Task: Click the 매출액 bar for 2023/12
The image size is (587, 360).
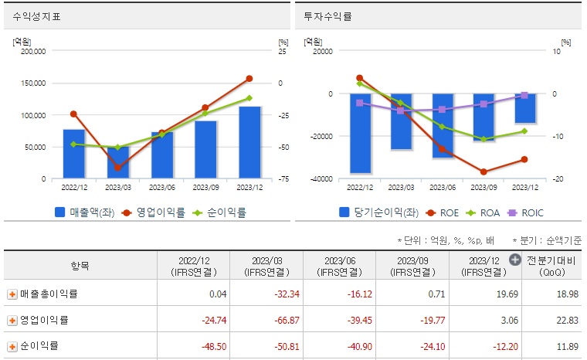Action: click(x=249, y=142)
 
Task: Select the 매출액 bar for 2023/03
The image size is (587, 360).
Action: click(x=117, y=163)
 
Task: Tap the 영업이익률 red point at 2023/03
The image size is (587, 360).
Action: click(x=117, y=168)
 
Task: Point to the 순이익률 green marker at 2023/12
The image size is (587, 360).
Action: click(x=249, y=98)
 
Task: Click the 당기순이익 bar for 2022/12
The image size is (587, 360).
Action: click(x=360, y=133)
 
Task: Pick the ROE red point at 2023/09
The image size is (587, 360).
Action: click(x=484, y=172)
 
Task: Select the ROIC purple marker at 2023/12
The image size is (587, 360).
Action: click(x=525, y=95)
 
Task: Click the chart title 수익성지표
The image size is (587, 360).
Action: click(x=37, y=16)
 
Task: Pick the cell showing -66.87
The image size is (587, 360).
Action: click(x=266, y=320)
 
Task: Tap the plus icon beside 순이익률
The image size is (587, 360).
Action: click(x=12, y=345)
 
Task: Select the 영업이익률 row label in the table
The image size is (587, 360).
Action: click(x=44, y=320)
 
